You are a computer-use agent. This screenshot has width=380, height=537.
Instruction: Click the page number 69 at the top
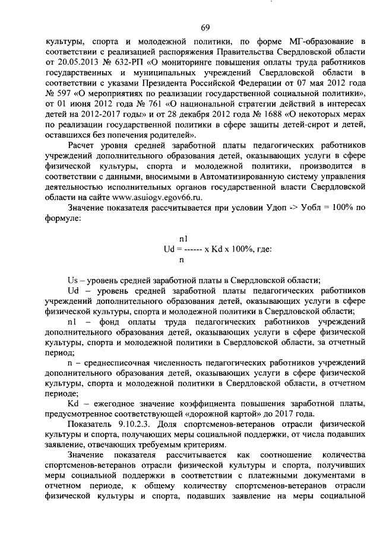click(x=205, y=27)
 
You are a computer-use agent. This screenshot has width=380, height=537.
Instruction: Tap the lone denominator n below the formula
click(x=181, y=259)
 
